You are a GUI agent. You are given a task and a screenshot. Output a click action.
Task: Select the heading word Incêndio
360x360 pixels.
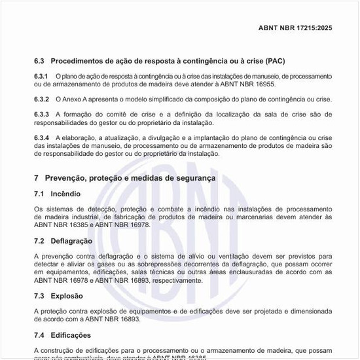tap(67, 194)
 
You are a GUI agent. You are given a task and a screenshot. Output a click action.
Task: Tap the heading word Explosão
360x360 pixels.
tap(67, 296)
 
